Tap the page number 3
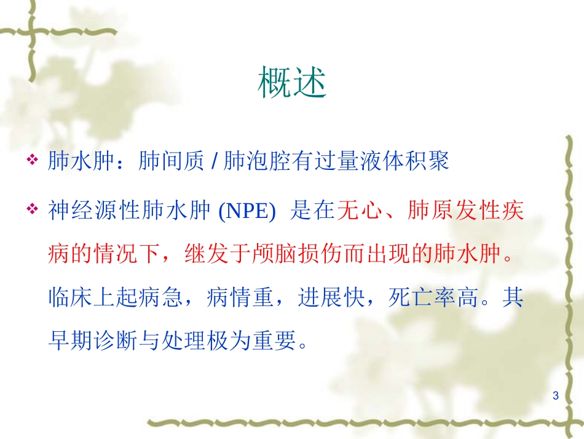tap(556, 395)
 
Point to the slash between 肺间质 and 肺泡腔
tap(213, 162)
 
